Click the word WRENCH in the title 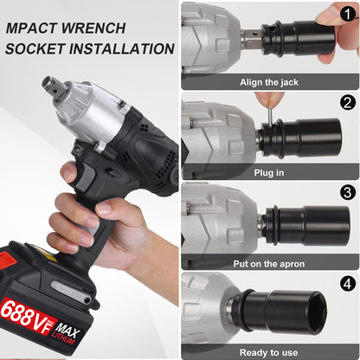pyautogui.click(x=93, y=28)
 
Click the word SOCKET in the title pyautogui.click(x=35, y=48)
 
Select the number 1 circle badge pyautogui.click(x=348, y=14)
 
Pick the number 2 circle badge pyautogui.click(x=348, y=102)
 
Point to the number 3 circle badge pyautogui.click(x=348, y=192)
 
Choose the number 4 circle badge pyautogui.click(x=348, y=283)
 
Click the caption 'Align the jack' pyautogui.click(x=269, y=82)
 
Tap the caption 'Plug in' pyautogui.click(x=269, y=173)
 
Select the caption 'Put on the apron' pyautogui.click(x=269, y=264)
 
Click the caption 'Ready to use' pyautogui.click(x=268, y=352)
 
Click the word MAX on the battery pyautogui.click(x=67, y=331)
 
